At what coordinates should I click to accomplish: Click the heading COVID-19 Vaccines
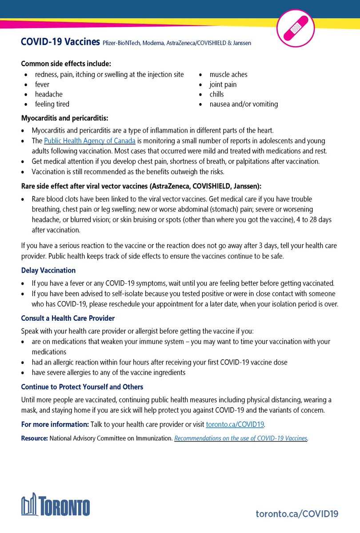tap(60, 42)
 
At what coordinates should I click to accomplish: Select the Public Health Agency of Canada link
tap(89, 140)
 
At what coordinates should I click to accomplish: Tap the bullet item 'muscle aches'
tap(228, 75)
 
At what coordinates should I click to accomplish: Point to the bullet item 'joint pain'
tap(223, 84)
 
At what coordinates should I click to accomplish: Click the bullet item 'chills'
tap(217, 94)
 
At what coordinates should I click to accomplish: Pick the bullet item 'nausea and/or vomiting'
tap(244, 104)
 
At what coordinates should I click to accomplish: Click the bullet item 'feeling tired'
tap(52, 104)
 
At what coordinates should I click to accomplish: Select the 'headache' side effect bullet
tap(49, 94)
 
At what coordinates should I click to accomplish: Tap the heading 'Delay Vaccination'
tap(48, 270)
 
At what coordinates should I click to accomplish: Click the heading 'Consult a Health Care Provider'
tap(68, 318)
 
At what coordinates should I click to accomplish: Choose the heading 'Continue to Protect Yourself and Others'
tap(82, 387)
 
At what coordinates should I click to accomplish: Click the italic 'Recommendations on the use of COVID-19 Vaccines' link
tap(240, 438)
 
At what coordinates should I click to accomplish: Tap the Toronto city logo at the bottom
tap(56, 506)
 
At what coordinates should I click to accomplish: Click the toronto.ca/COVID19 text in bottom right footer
tap(297, 513)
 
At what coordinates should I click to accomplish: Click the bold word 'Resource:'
tap(34, 438)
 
